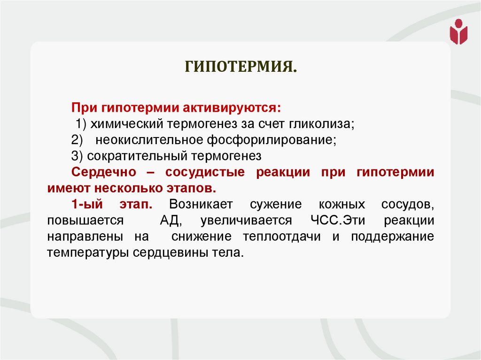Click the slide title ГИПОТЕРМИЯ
240,66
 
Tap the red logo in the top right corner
458,32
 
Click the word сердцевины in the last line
168,253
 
